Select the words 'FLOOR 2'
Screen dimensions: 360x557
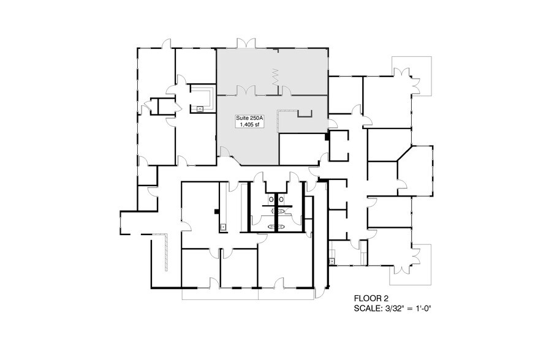pyautogui.click(x=371, y=298)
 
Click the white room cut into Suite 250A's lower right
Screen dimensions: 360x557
pyautogui.click(x=301, y=149)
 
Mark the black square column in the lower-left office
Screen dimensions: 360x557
pyautogui.click(x=217, y=212)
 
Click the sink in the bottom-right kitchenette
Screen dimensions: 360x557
pyautogui.click(x=332, y=261)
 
